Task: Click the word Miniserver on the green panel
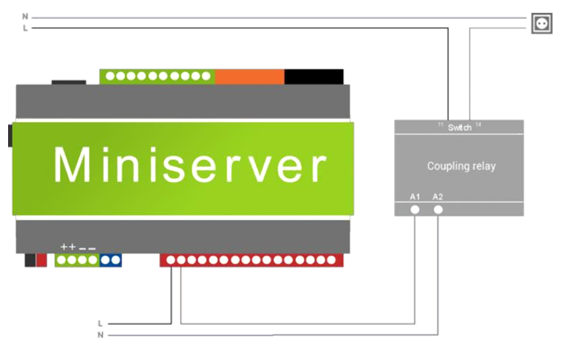point(189,165)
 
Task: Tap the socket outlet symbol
point(541,24)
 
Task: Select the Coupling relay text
point(461,166)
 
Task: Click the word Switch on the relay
point(460,127)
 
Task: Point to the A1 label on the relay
point(415,197)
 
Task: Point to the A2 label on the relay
point(438,197)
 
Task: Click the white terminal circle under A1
point(415,210)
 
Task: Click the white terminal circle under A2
point(439,210)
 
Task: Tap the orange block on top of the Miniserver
point(249,76)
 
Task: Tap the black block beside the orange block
point(313,76)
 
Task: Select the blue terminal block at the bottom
point(111,260)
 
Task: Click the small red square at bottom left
point(42,260)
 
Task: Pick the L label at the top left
point(26,28)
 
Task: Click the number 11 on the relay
point(441,125)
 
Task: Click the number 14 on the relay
point(478,125)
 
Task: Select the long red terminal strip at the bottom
point(251,260)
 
